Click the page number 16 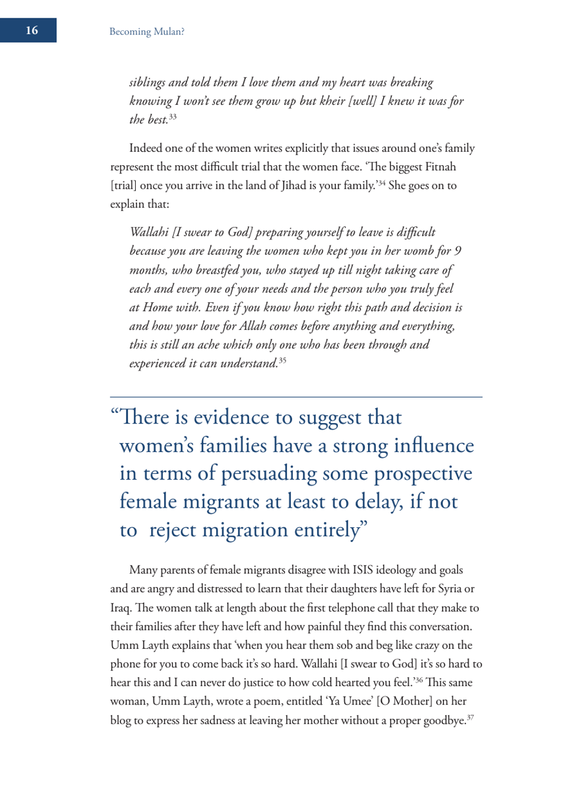coord(32,30)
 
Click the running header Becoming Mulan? coord(146,31)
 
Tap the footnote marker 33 coord(172,117)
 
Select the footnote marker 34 coord(382,183)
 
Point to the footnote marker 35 coord(282,360)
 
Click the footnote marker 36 coord(418,680)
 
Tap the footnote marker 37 coord(470,717)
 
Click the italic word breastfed coord(228,270)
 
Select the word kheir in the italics coord(332,101)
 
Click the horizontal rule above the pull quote coord(296,397)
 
